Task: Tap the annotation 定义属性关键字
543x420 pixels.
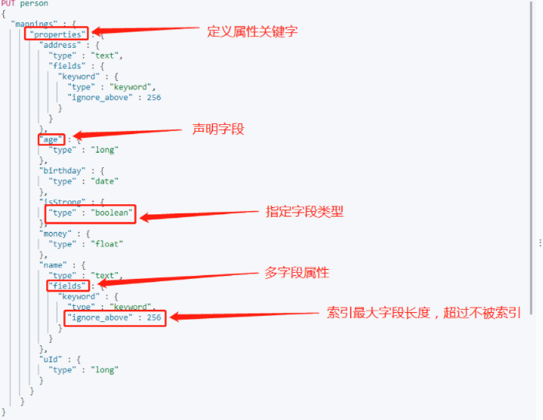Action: [252, 32]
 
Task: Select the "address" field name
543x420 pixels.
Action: [60, 45]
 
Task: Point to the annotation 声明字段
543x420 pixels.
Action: [218, 129]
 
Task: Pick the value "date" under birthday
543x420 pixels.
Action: [105, 181]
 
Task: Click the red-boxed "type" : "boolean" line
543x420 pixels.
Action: [91, 213]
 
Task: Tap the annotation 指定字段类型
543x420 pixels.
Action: [305, 211]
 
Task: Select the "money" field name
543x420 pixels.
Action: [55, 234]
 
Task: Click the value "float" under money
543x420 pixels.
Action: [107, 244]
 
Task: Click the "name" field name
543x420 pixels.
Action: [52, 264]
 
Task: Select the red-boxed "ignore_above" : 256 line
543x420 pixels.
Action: [115, 317]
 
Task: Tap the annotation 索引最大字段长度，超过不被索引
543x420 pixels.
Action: [423, 313]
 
